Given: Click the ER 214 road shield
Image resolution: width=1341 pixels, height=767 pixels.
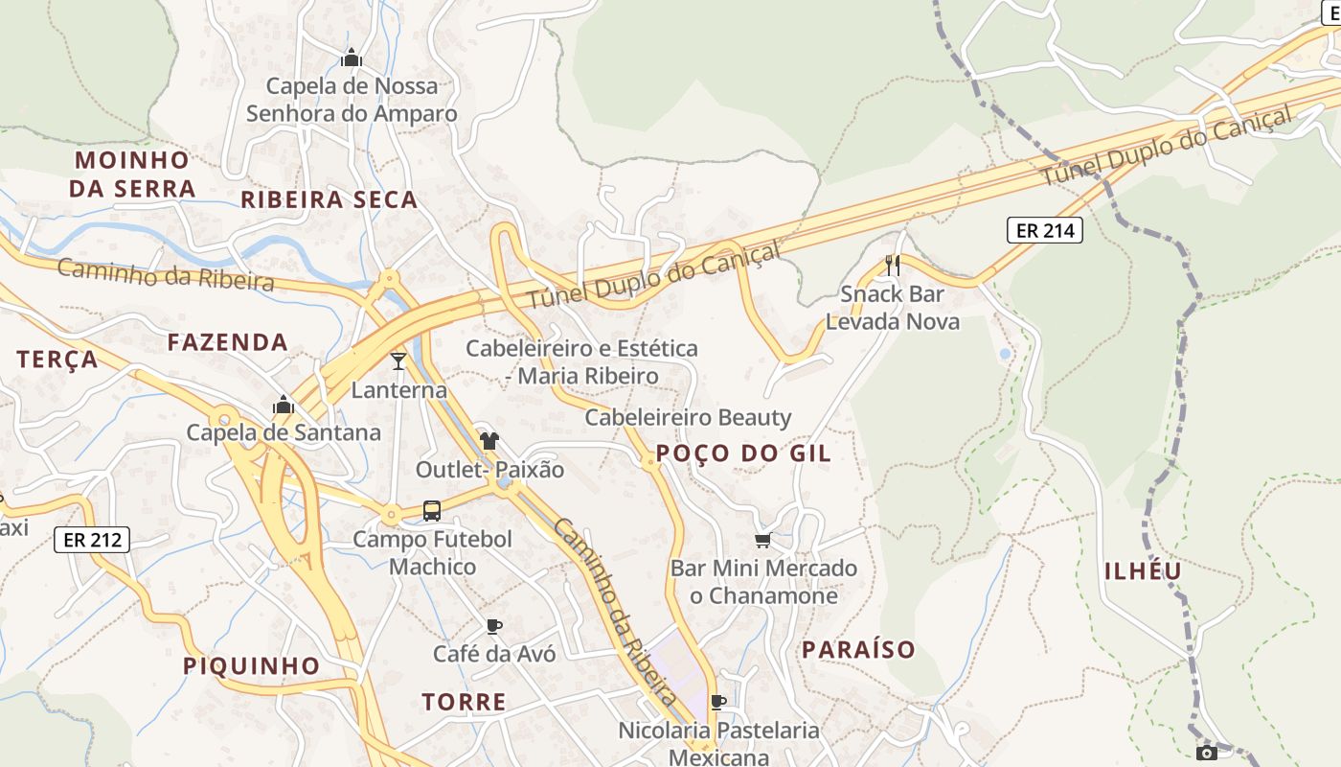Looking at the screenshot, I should tap(1044, 230).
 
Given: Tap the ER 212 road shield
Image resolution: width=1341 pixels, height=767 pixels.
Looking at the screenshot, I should tap(92, 540).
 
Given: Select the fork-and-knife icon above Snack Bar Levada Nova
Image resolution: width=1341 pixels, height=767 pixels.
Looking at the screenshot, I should tap(893, 265).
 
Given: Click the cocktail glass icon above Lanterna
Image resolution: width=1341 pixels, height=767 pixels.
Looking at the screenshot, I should tap(398, 361).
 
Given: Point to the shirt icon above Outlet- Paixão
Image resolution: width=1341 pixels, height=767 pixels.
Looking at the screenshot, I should tap(489, 441).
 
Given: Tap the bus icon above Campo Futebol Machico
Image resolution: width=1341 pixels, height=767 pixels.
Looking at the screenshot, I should tap(432, 510).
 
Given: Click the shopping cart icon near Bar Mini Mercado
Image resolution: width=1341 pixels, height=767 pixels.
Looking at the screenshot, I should tap(762, 541).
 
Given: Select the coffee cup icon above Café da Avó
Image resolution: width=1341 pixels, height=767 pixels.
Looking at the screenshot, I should tap(494, 626).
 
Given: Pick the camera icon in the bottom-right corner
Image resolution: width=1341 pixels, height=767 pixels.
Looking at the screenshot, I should tap(1207, 752).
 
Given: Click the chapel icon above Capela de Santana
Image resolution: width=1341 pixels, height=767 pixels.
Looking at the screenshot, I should tap(283, 405).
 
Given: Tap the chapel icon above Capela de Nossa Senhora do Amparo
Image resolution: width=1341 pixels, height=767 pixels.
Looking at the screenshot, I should tap(352, 58).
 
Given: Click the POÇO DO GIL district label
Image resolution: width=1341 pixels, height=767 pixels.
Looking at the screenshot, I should tap(743, 453).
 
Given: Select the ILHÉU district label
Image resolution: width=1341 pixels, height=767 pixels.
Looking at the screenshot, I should tap(1143, 571).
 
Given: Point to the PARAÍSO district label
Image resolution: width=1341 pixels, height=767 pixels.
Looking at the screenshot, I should tap(858, 650).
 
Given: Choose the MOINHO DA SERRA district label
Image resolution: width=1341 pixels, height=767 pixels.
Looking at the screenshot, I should tap(132, 174).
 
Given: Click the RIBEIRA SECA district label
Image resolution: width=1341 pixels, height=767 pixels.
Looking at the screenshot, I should tap(329, 199).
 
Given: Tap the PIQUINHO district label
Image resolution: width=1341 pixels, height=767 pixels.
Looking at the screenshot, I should tap(251, 665).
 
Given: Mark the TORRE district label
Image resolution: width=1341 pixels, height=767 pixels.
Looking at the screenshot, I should tap(464, 702).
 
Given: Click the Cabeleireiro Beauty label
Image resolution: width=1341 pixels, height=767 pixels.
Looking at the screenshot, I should tap(688, 417).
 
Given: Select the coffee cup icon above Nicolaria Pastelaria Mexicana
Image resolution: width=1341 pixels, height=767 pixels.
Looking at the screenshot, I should tap(718, 702).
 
